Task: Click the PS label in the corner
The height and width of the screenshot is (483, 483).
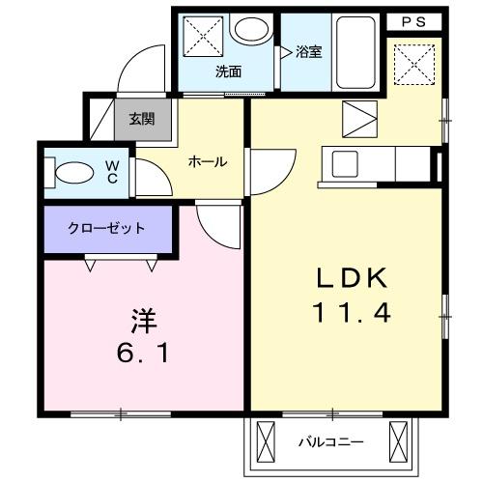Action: click(413, 22)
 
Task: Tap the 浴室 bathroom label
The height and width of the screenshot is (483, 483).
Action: click(309, 52)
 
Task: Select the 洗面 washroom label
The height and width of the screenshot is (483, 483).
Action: click(228, 71)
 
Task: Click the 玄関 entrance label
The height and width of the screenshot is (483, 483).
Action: click(142, 119)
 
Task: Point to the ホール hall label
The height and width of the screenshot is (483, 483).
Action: click(208, 161)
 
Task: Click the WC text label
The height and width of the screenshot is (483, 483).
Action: click(112, 172)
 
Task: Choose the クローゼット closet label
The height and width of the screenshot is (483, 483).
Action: click(106, 228)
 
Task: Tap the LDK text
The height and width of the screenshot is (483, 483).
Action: click(352, 278)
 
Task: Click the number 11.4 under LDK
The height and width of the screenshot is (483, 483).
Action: click(352, 313)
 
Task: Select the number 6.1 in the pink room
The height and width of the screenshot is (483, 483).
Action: click(143, 354)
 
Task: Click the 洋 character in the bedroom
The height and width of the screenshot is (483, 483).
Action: click(144, 321)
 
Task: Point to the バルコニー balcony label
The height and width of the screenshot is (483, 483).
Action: click(331, 441)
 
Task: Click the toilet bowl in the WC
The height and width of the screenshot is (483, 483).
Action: click(74, 173)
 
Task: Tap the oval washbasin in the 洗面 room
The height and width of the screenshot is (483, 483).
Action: click(251, 29)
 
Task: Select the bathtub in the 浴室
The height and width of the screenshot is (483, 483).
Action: click(355, 52)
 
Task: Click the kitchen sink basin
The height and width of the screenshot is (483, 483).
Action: click(345, 164)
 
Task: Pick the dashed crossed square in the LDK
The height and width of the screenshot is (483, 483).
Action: click(414, 65)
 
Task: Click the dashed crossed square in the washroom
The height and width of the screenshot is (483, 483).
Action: click(203, 37)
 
